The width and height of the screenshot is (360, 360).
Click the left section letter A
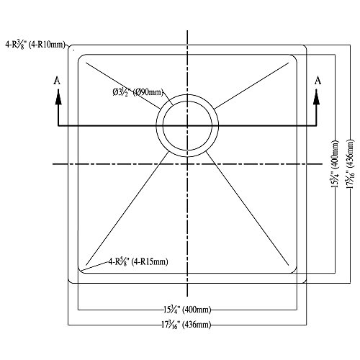pos(57,81)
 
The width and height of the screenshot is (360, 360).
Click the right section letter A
pos(318,81)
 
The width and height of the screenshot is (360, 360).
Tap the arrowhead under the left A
pos(58,97)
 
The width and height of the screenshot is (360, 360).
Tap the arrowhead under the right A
pos(317,97)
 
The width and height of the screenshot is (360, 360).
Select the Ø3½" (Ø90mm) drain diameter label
pos(138,92)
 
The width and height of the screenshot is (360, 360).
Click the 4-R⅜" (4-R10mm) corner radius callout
pos(35,45)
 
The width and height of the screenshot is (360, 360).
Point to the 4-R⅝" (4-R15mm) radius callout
pos(138,261)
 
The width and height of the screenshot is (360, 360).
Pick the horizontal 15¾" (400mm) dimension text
pos(187,310)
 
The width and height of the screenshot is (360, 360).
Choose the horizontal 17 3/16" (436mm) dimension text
pos(186,325)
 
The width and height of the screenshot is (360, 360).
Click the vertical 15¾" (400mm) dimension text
pos(335,163)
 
